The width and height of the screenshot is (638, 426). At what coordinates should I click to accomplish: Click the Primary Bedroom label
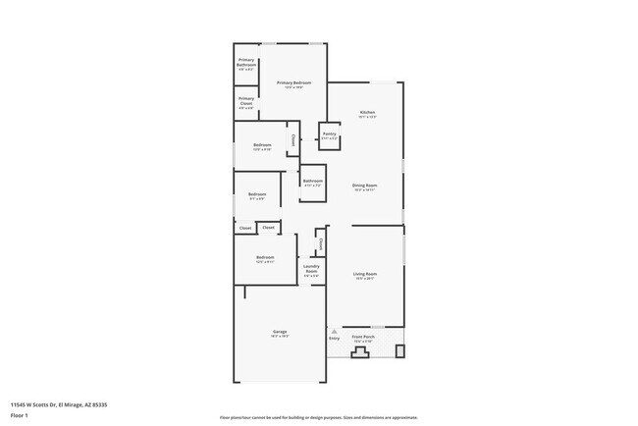293,84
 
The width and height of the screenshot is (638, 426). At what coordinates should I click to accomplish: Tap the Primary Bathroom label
246,64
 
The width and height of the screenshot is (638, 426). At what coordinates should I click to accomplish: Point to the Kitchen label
367,115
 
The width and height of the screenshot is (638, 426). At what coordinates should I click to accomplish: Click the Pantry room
329,136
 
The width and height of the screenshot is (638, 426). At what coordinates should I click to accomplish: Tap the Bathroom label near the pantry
313,182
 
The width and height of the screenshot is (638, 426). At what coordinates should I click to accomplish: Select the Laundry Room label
311,270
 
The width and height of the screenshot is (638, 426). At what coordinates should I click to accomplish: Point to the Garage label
279,334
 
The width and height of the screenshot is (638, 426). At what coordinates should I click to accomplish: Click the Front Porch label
364,339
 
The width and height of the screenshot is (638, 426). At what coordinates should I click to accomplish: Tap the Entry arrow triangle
334,332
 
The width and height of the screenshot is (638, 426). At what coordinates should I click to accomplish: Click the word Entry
334,340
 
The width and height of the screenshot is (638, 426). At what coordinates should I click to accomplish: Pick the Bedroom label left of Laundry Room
264,259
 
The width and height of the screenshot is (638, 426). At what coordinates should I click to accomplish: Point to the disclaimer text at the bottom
319,417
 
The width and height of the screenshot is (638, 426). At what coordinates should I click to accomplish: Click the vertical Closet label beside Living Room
320,243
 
